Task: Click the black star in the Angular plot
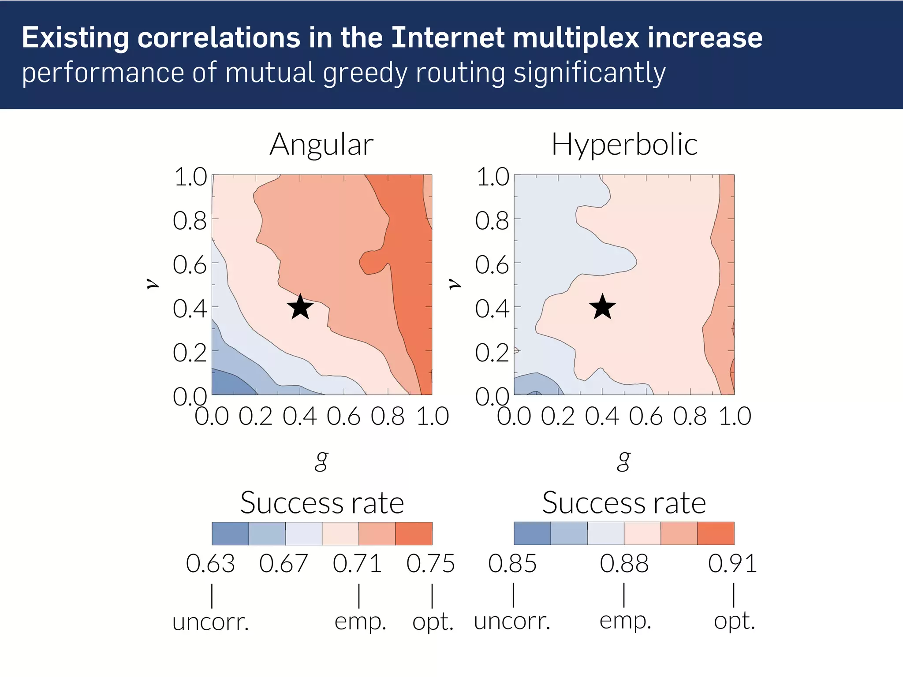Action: point(300,307)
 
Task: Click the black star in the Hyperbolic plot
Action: point(602,307)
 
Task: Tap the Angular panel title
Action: point(321,145)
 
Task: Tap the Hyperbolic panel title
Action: point(624,145)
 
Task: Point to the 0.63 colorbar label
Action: point(210,564)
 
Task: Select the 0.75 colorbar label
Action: point(430,564)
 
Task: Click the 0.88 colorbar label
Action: point(624,564)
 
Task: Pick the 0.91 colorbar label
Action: point(732,564)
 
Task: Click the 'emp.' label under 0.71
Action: point(360,621)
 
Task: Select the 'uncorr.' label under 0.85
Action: point(512,621)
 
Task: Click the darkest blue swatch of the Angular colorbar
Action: point(230,533)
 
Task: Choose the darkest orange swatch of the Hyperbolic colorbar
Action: point(716,533)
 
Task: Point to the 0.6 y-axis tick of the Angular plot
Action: point(190,265)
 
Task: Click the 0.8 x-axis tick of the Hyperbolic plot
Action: point(690,416)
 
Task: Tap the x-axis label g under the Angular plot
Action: point(321,461)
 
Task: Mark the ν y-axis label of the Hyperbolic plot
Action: point(455,284)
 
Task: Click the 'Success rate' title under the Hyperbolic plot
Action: point(624,503)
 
